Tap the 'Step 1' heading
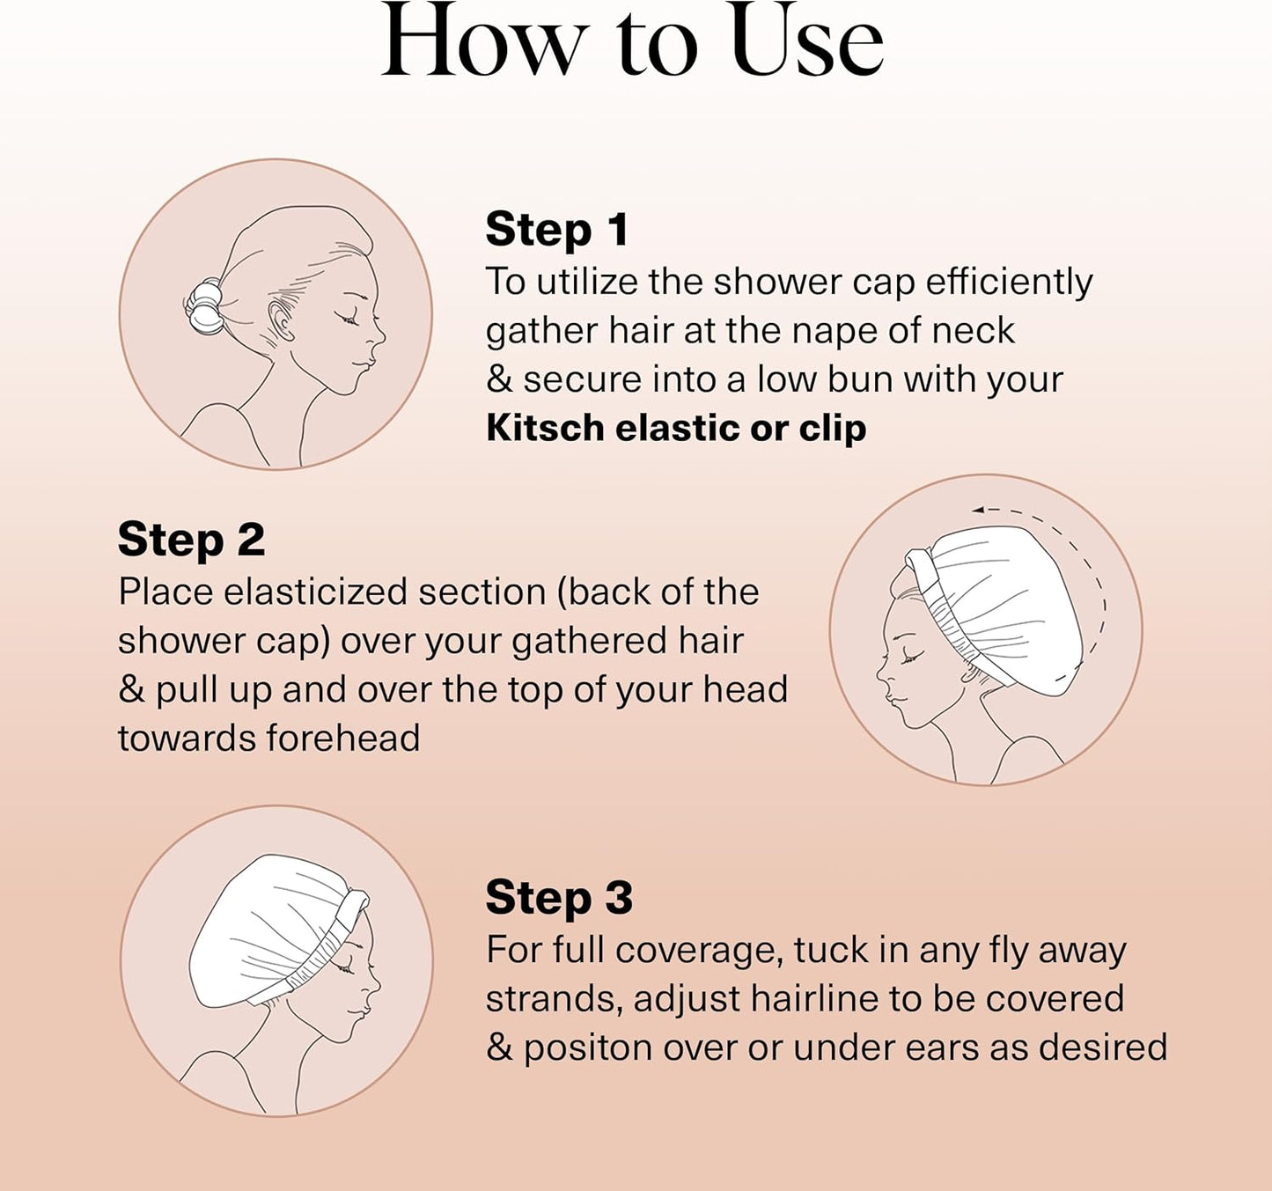557,230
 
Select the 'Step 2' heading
191,540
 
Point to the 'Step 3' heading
559,898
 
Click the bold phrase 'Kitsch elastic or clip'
676,429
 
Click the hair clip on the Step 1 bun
204,306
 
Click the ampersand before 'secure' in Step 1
499,380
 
